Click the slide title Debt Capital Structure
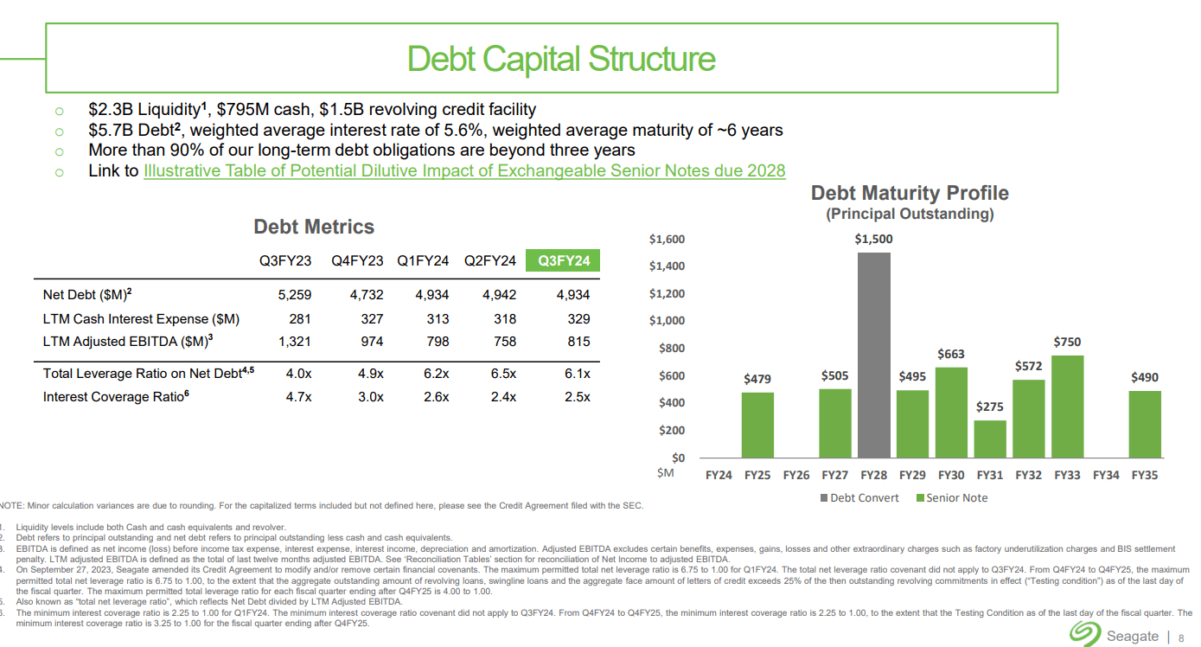[560, 59]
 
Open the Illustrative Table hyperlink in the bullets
[464, 171]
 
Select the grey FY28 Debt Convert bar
[874, 355]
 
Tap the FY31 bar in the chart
[990, 439]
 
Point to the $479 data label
[757, 379]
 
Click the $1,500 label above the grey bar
[874, 239]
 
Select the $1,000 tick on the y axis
[668, 321]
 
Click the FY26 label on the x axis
[795, 475]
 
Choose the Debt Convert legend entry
[865, 498]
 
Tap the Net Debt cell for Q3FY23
[294, 295]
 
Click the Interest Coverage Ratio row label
[114, 397]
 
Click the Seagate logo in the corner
[1083, 635]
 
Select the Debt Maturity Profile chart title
[909, 193]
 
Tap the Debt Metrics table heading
[314, 227]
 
